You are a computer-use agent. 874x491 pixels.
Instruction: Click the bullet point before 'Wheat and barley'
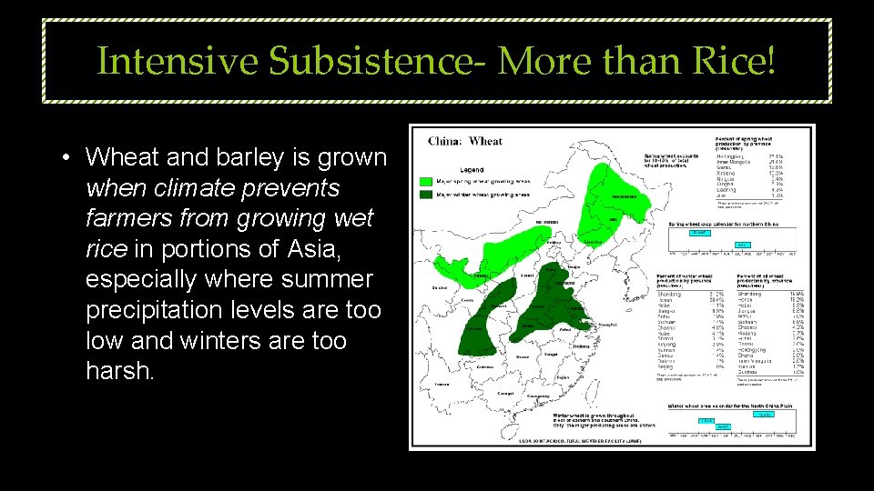click(x=67, y=157)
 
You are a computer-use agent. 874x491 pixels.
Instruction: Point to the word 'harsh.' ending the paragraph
click(x=120, y=372)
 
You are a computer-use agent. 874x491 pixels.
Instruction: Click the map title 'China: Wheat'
click(x=465, y=141)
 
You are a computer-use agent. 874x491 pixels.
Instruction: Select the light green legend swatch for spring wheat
click(x=426, y=182)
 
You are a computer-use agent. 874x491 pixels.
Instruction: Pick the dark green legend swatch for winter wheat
click(x=426, y=194)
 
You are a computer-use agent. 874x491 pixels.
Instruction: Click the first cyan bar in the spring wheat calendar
click(x=698, y=233)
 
